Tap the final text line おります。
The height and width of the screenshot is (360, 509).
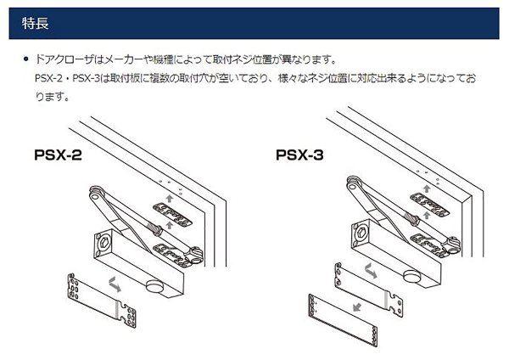point(49,96)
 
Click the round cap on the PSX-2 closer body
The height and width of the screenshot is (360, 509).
point(157,285)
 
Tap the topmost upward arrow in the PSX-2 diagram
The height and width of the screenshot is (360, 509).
point(173,196)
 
